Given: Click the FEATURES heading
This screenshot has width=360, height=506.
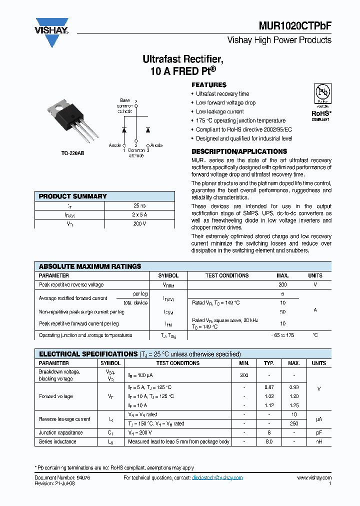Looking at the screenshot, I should [x=209, y=85].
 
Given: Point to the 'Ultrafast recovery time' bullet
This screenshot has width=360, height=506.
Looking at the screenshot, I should [x=222, y=94].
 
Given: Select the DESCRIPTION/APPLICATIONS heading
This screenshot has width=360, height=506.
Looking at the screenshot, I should [x=239, y=151].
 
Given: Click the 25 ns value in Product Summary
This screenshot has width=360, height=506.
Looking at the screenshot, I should [x=139, y=205].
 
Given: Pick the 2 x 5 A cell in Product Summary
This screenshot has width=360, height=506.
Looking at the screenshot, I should [x=139, y=214].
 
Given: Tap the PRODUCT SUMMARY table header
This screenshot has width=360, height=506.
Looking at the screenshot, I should [x=73, y=196].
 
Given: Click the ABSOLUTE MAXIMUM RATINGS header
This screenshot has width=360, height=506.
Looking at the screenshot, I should [x=90, y=266].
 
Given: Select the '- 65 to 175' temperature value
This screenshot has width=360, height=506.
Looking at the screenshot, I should [x=282, y=335].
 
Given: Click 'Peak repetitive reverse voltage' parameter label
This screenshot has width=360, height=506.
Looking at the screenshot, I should [x=71, y=284].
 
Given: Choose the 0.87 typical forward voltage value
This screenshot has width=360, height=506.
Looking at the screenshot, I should [x=269, y=387].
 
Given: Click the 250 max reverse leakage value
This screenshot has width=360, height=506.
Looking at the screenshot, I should [x=294, y=423].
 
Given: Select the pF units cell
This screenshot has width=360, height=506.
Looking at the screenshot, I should [x=318, y=432].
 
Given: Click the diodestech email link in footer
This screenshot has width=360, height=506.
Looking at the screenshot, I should [x=217, y=478].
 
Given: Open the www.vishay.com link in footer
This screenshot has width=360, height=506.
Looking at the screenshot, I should [x=314, y=478].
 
